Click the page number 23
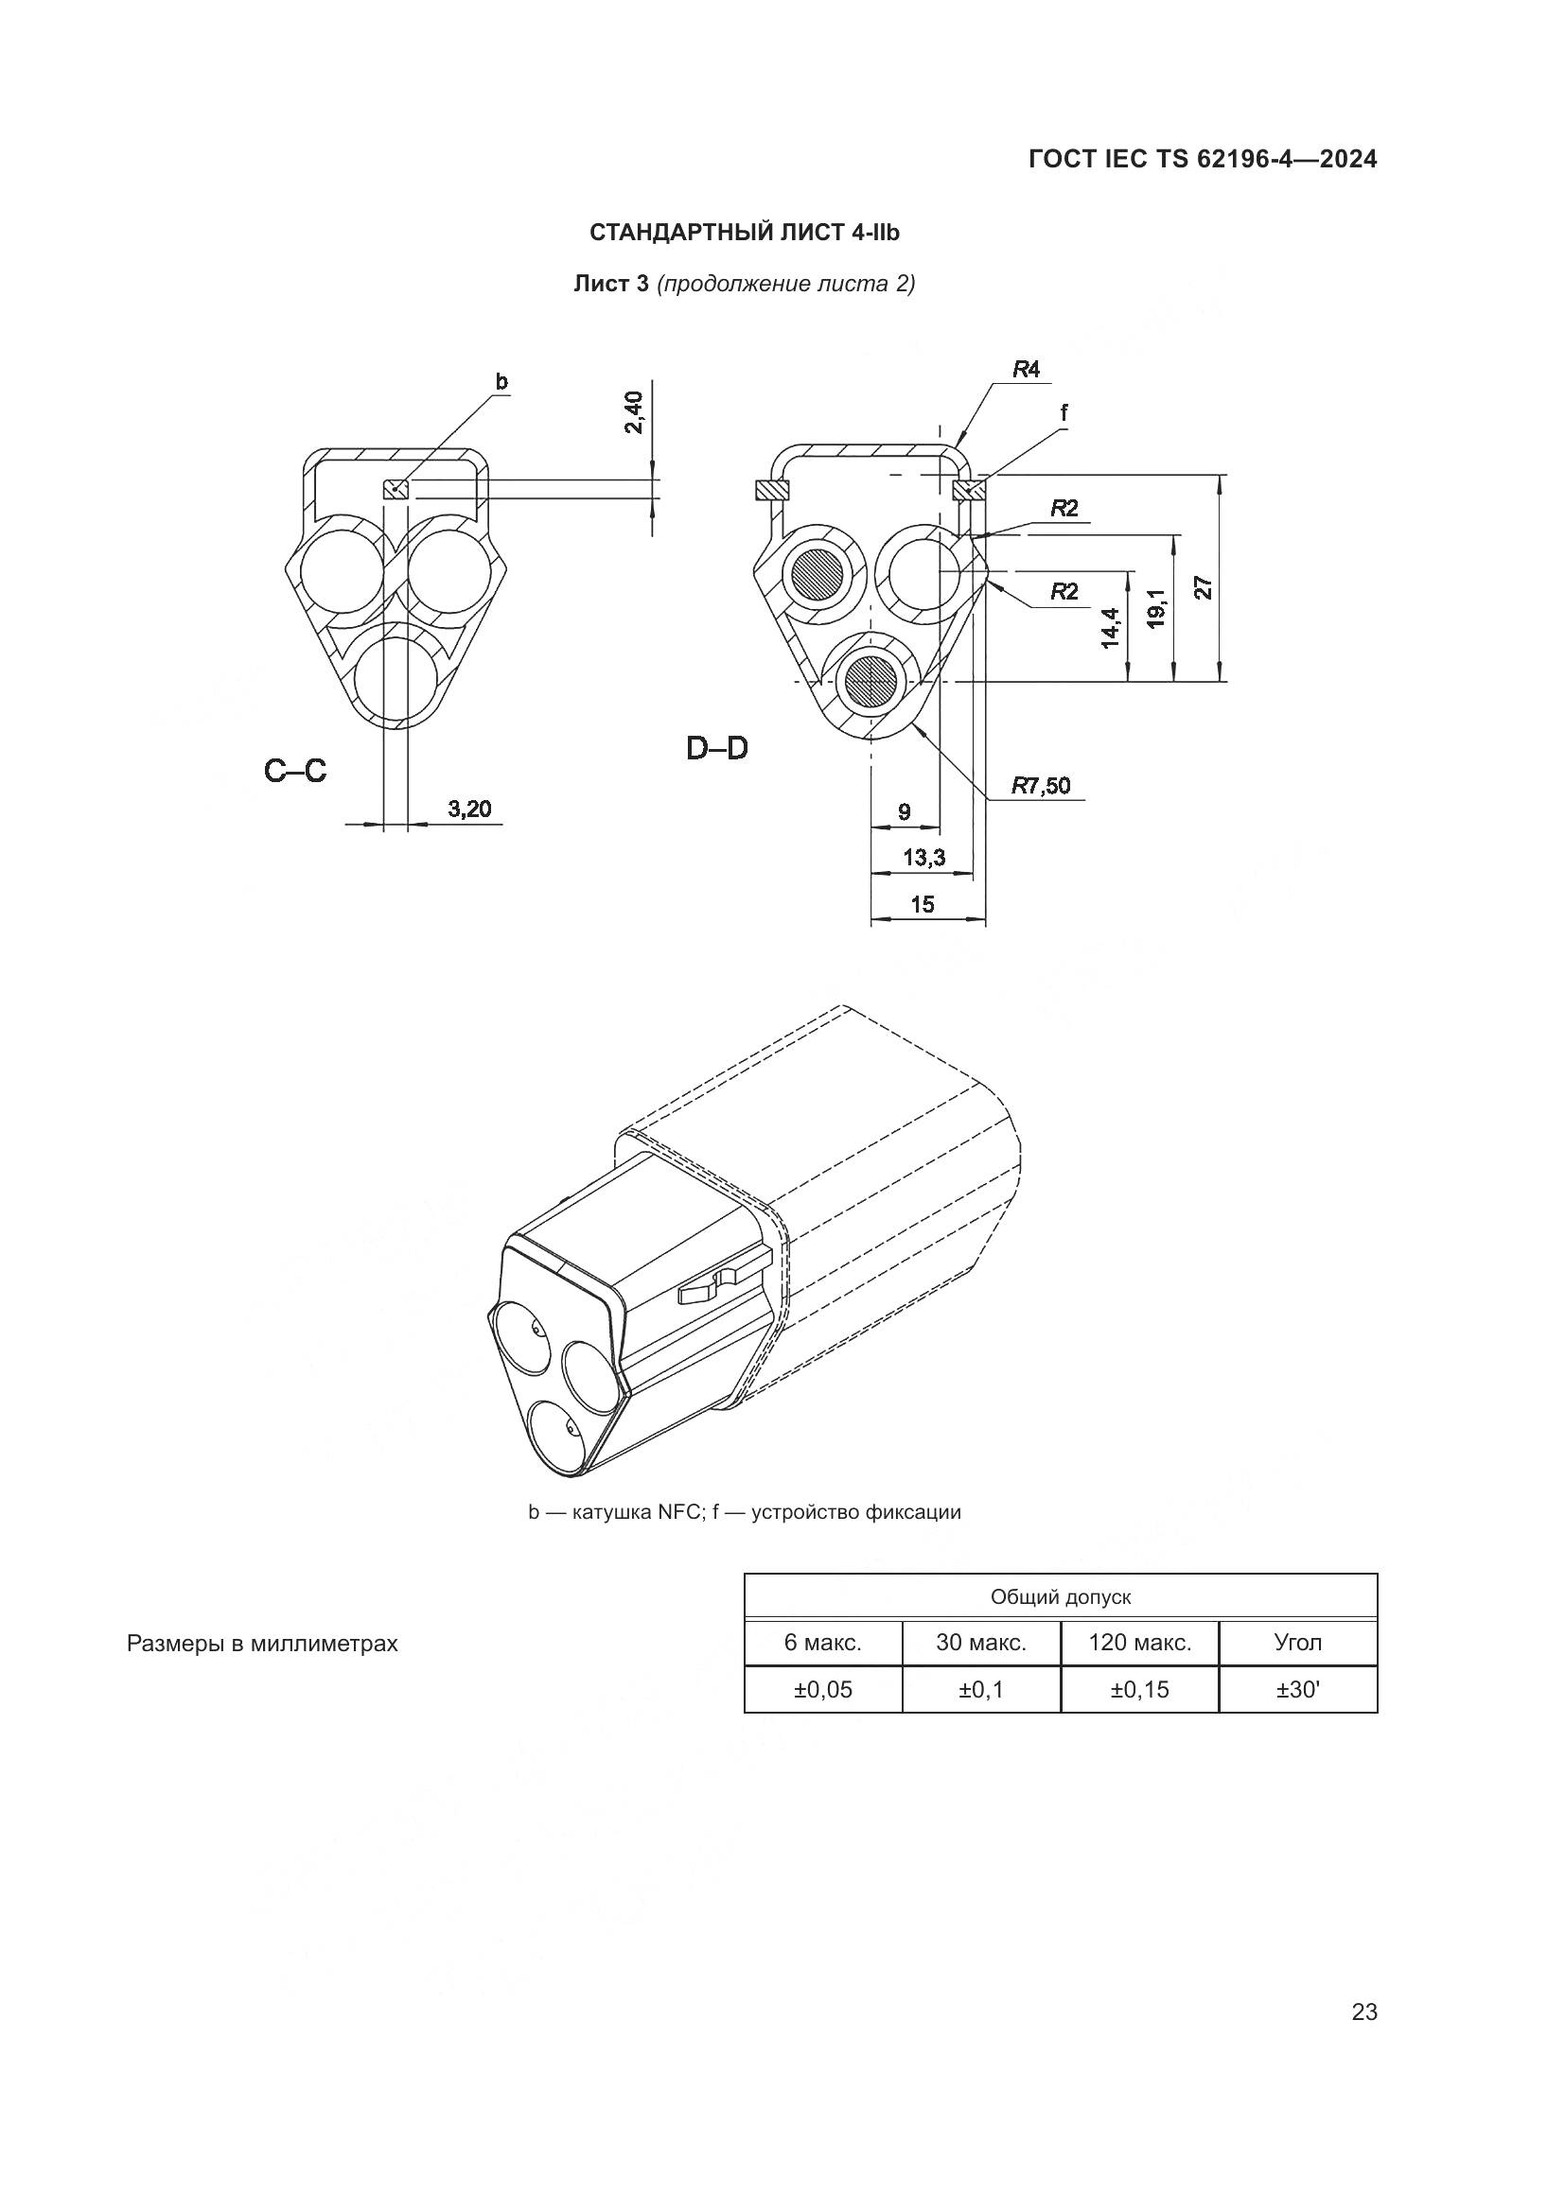(x=1364, y=2012)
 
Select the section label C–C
(x=296, y=770)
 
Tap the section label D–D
(x=717, y=748)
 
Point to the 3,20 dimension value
(x=469, y=809)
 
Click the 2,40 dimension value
(x=634, y=411)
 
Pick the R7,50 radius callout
(x=1041, y=785)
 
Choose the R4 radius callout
(x=1027, y=369)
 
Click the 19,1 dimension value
(x=1157, y=609)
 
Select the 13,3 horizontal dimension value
(x=923, y=857)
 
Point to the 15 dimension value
(x=923, y=904)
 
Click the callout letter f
(x=1064, y=413)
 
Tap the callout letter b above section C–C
(x=501, y=381)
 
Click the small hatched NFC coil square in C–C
(x=396, y=490)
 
